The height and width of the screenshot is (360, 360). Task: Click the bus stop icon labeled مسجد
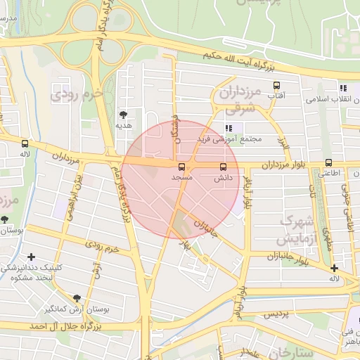(181, 167)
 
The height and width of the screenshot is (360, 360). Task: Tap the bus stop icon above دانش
(224, 167)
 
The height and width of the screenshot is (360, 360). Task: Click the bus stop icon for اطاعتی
(328, 163)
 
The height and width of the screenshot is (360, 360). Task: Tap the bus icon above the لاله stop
(25, 143)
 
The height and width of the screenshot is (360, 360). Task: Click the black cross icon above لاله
(334, 268)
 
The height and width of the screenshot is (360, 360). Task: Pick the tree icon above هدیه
(124, 114)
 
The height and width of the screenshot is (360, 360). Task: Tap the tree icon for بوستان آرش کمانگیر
(76, 298)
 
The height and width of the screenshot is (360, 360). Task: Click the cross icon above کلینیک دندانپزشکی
(31, 257)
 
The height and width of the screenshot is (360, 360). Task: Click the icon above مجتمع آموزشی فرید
(229, 128)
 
